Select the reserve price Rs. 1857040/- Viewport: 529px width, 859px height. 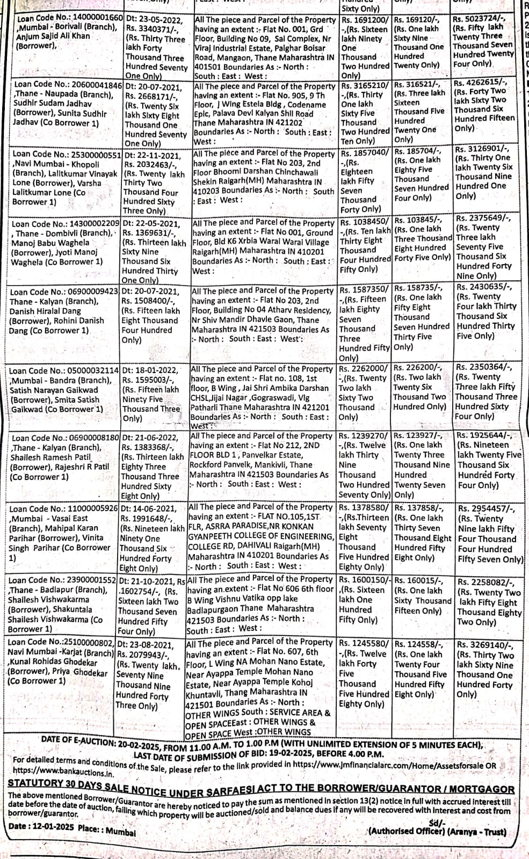(x=365, y=153)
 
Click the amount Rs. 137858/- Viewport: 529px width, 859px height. (x=418, y=508)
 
